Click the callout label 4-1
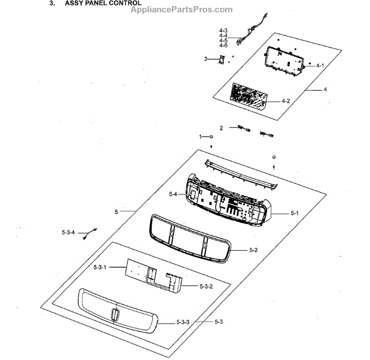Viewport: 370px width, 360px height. [320, 65]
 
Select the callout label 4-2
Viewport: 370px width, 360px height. [286, 101]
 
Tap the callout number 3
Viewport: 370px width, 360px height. [205, 59]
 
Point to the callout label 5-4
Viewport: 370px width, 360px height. [173, 195]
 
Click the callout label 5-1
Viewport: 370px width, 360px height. [294, 213]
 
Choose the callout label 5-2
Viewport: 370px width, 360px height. [253, 249]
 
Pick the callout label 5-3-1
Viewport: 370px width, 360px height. [100, 267]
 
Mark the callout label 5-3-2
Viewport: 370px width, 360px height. [205, 287]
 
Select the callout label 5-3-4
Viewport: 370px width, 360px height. [68, 232]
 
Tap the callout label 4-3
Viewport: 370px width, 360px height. [223, 30]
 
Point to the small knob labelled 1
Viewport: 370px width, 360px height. [212, 136]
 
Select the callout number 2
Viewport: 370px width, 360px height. [221, 128]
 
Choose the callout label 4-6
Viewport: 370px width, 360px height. [223, 46]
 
